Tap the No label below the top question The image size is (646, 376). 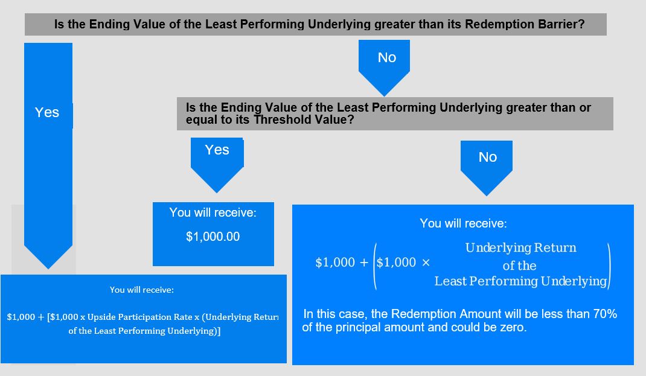pyautogui.click(x=387, y=57)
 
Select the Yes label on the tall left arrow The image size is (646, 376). pyautogui.click(x=47, y=112)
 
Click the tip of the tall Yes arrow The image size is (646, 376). pyautogui.click(x=48, y=269)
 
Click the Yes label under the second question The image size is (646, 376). pyautogui.click(x=217, y=150)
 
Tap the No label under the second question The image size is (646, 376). pyautogui.click(x=488, y=157)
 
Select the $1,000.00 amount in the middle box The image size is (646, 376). pyautogui.click(x=213, y=237)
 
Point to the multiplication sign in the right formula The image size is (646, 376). pyautogui.click(x=426, y=263)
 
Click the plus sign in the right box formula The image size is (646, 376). pyautogui.click(x=364, y=263)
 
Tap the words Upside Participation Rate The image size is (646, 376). pyautogui.click(x=139, y=317)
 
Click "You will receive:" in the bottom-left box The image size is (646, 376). pyautogui.click(x=142, y=290)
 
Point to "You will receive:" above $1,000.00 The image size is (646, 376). pyautogui.click(x=213, y=212)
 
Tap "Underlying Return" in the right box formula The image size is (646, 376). pyautogui.click(x=521, y=247)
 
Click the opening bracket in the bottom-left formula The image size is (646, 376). pyautogui.click(x=49, y=317)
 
